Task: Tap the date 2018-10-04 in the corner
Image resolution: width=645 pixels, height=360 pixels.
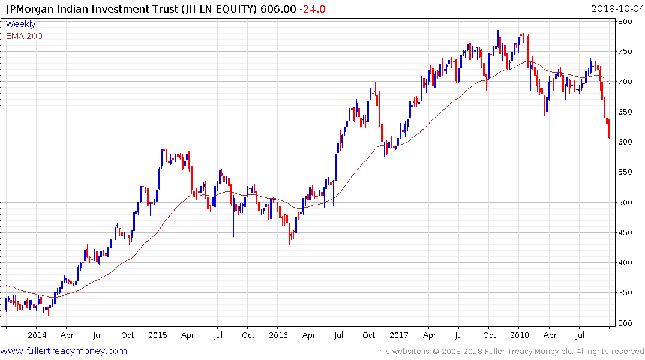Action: pyautogui.click(x=617, y=9)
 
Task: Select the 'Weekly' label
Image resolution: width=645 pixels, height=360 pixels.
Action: pyautogui.click(x=20, y=24)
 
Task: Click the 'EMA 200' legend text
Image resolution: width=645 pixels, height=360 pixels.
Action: pyautogui.click(x=24, y=35)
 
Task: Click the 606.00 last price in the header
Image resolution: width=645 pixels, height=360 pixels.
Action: pyautogui.click(x=277, y=9)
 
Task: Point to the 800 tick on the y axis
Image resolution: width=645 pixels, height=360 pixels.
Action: pyautogui.click(x=626, y=22)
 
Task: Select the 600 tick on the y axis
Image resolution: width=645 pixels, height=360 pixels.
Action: pyautogui.click(x=626, y=142)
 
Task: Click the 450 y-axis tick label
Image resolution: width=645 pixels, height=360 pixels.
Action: pyautogui.click(x=626, y=233)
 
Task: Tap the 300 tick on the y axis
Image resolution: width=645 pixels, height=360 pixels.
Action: pyautogui.click(x=626, y=323)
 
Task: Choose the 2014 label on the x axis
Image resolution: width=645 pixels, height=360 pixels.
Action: pyautogui.click(x=37, y=335)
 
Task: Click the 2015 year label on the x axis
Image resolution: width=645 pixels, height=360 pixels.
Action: pyautogui.click(x=158, y=335)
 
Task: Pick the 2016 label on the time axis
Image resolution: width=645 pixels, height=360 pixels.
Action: pyautogui.click(x=278, y=335)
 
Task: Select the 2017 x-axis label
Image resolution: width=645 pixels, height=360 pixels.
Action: pyautogui.click(x=400, y=335)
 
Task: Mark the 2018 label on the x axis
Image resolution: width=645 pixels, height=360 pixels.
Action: pyautogui.click(x=520, y=335)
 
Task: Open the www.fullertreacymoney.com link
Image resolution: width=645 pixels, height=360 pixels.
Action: pyautogui.click(x=64, y=351)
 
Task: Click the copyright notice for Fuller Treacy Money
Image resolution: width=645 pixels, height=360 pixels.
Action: pyautogui.click(x=509, y=351)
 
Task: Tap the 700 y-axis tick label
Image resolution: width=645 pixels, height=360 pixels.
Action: pyautogui.click(x=626, y=82)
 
